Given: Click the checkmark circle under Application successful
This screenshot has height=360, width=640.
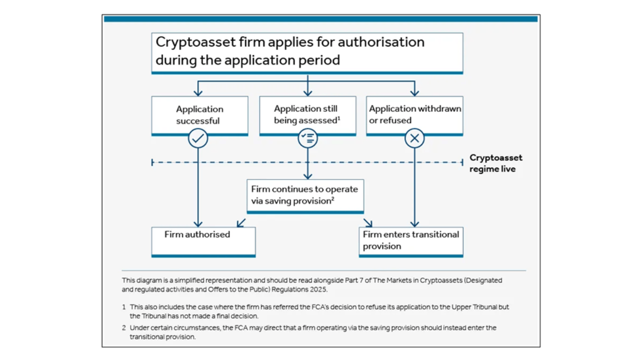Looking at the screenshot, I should click(x=198, y=138).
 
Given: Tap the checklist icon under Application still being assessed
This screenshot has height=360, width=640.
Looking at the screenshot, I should click(x=307, y=138).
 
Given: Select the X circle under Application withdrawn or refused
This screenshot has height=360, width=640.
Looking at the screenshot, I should click(x=414, y=138).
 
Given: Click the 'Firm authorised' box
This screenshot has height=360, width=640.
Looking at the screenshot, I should click(x=203, y=241).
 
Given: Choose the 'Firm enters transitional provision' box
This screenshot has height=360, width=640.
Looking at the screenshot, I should click(x=410, y=241).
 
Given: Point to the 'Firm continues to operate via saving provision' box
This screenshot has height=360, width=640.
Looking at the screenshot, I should click(x=304, y=195).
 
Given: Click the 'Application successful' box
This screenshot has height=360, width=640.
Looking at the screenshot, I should click(x=199, y=115).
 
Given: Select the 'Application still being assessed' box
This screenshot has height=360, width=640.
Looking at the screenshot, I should click(x=307, y=115).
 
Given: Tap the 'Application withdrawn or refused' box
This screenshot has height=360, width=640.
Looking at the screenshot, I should click(x=414, y=115).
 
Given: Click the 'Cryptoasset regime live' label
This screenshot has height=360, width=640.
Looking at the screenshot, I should click(x=495, y=163).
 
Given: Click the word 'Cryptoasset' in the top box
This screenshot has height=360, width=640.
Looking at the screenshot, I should click(x=195, y=42).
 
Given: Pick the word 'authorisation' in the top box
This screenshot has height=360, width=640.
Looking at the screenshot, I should click(x=381, y=42).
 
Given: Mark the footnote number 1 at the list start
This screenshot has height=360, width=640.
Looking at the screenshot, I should click(x=123, y=307).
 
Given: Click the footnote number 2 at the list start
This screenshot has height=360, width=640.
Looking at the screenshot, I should click(x=123, y=328).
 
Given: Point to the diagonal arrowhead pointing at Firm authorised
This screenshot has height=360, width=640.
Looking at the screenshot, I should click(x=240, y=223).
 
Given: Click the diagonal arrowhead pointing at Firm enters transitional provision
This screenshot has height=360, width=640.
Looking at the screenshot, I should click(x=369, y=223).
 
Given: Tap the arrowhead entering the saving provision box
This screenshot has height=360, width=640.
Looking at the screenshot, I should click(x=307, y=176).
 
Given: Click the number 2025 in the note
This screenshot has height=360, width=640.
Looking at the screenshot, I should click(x=319, y=289).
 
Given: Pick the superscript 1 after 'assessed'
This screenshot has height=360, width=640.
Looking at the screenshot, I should click(x=338, y=118).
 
